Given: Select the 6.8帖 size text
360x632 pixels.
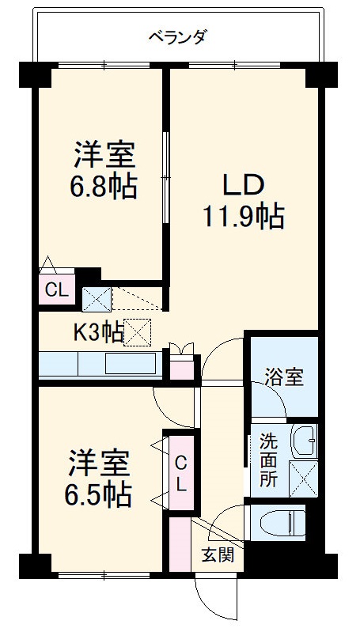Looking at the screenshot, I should coord(104,187).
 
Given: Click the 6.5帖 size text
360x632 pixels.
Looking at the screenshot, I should coord(98,494).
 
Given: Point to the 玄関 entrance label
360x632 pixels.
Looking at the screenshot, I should coord(216,555).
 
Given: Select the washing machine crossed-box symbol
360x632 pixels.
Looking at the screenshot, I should coord(304,476).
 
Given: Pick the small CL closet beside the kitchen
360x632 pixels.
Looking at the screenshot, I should coord(55,290).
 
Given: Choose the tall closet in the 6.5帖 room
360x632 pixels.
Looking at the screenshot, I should coord(180,473).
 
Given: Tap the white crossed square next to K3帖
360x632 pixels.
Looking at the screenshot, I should coord(138,333).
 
